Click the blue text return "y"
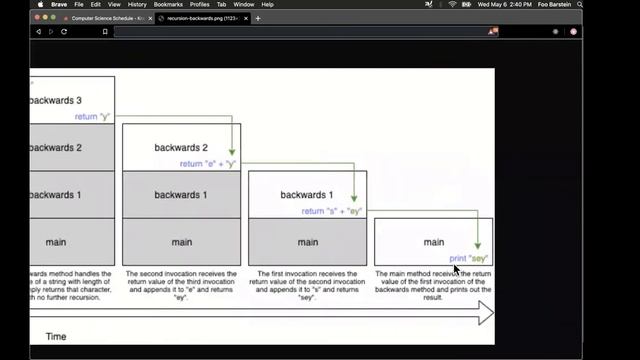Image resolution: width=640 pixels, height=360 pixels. pyautogui.click(x=93, y=116)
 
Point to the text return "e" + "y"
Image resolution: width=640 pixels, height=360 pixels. pyautogui.click(x=207, y=163)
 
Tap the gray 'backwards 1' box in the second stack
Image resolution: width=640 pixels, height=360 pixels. pyautogui.click(x=181, y=194)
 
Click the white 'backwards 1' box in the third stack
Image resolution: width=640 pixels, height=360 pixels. pyautogui.click(x=307, y=194)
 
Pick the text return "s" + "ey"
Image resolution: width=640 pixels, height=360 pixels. pyautogui.click(x=333, y=211)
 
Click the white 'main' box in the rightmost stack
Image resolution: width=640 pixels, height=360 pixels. pyautogui.click(x=433, y=241)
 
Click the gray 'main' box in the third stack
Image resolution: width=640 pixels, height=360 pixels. pyautogui.click(x=307, y=241)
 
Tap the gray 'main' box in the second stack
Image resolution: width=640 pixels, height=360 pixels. pyautogui.click(x=181, y=241)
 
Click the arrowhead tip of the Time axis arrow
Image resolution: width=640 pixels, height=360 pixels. pyautogui.click(x=490, y=314)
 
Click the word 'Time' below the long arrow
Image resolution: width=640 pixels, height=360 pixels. pyautogui.click(x=56, y=336)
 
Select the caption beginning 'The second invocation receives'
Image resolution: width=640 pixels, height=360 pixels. pyautogui.click(x=181, y=285)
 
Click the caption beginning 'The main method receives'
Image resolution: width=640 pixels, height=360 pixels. pyautogui.click(x=433, y=285)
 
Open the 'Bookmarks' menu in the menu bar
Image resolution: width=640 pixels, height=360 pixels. pyautogui.click(x=168, y=5)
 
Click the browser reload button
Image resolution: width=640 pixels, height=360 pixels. pyautogui.click(x=64, y=31)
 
